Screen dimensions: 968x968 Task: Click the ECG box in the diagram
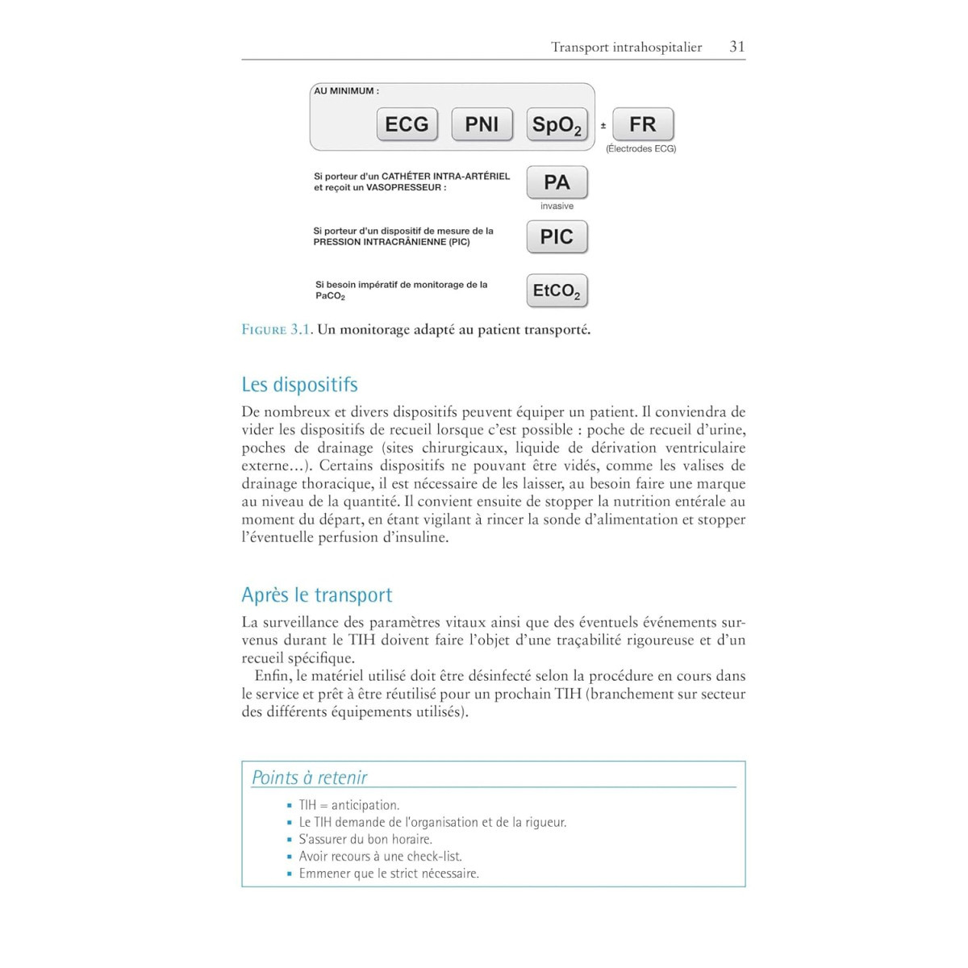click(407, 124)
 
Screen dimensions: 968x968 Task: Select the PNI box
click(482, 124)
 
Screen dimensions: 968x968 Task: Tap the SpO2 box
click(557, 125)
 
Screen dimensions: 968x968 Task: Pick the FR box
click(643, 124)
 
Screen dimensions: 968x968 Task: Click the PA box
click(557, 182)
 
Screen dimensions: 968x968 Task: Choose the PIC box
click(557, 237)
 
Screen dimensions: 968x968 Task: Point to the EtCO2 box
click(557, 291)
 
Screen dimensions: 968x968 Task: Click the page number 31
click(736, 47)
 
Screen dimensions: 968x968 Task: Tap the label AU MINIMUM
click(346, 91)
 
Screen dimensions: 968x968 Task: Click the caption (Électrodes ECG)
click(640, 148)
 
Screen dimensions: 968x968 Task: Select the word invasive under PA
click(557, 207)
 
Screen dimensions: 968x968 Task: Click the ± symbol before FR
click(603, 126)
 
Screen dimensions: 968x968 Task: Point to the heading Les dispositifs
click(299, 385)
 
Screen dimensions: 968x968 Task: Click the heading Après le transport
click(317, 595)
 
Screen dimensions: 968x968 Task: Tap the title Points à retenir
click(309, 778)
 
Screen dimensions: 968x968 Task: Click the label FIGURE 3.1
click(276, 330)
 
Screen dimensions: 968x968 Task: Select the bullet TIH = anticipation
click(348, 805)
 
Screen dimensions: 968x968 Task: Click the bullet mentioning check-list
click(380, 856)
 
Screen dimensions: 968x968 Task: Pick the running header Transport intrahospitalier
click(626, 47)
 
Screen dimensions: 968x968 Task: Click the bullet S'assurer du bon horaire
click(365, 839)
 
